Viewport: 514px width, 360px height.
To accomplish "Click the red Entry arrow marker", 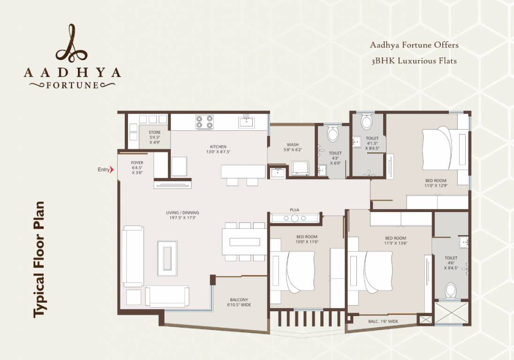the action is tap(112, 170).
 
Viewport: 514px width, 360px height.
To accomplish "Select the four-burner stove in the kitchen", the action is tap(205, 122).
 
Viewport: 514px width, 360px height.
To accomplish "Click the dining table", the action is tap(244, 242).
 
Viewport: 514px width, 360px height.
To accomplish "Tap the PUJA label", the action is tap(295, 210).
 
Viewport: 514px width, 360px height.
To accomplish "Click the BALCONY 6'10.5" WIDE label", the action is tap(239, 302).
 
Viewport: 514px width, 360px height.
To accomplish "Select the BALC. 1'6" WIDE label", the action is tap(383, 322).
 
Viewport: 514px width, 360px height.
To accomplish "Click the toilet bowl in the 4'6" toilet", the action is tap(451, 290).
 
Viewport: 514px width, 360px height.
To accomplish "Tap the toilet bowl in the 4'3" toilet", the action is tap(333, 134).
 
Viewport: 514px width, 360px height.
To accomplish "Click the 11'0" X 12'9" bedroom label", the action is tap(436, 183).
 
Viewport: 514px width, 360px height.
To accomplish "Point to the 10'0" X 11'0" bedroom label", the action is tap(307, 239).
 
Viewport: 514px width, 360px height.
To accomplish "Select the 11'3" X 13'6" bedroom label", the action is tap(396, 240).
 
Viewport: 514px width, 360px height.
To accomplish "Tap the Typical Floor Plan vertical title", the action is tap(38, 259).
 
